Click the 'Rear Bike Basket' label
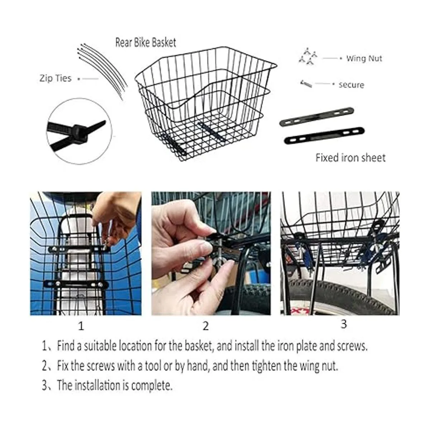145,42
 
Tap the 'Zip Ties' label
55,78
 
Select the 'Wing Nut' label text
364,58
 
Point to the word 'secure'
351,85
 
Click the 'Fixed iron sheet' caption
350,158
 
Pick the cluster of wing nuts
308,56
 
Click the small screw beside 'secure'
306,84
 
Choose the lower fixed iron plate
324,136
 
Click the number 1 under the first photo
81,326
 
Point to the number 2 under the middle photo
206,326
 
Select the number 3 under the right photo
344,324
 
